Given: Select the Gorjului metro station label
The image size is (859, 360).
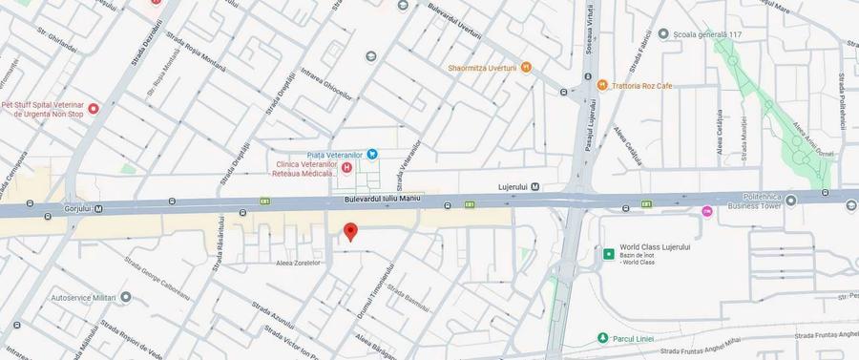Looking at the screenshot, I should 71,208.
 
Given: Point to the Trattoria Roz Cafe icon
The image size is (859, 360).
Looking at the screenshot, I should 602,86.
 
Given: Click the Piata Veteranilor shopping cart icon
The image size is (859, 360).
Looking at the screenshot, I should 373,155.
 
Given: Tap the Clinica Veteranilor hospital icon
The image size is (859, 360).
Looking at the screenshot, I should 347,168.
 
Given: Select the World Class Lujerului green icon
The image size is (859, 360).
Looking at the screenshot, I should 608,254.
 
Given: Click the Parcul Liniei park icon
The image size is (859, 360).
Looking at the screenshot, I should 602,338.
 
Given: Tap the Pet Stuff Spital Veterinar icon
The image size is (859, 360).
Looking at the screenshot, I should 94,109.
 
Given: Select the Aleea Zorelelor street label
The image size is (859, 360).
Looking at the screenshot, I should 297,261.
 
